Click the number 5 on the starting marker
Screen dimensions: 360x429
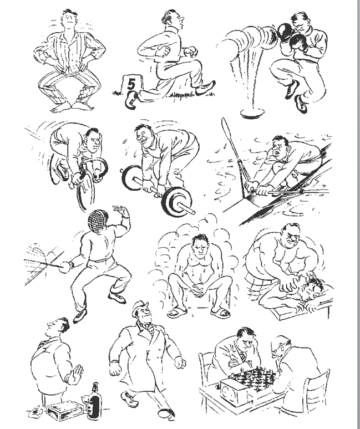[131, 84]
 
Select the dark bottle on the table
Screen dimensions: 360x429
[94, 401]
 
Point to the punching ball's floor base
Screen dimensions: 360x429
[252, 113]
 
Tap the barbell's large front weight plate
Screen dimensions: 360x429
[176, 202]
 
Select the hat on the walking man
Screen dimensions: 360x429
[140, 308]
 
